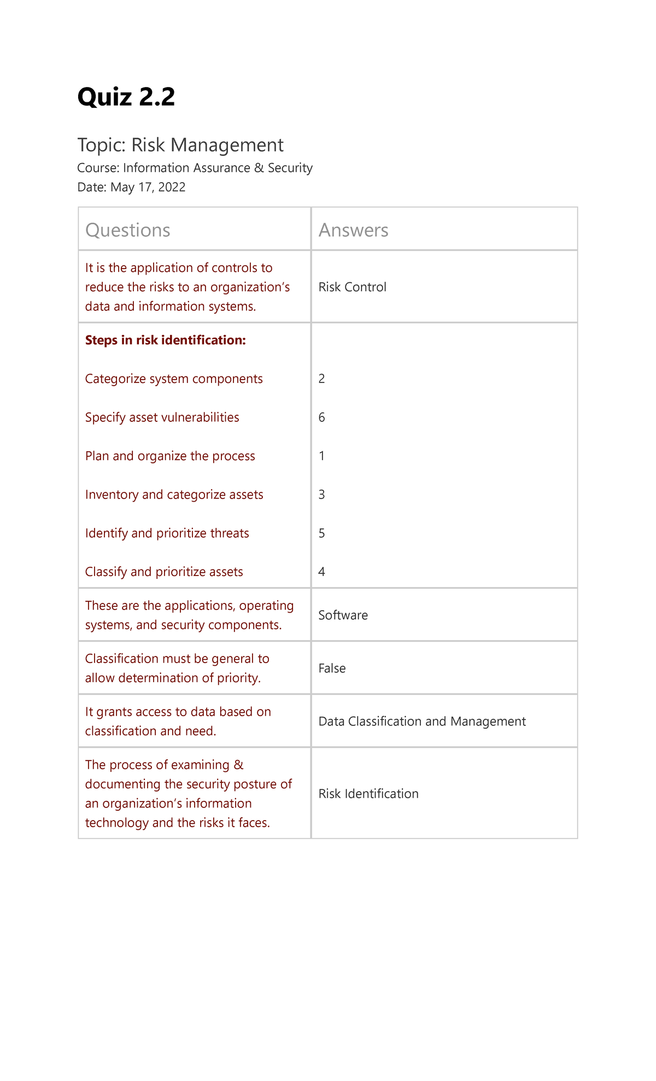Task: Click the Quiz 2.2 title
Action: click(x=126, y=97)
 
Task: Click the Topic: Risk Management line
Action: click(x=180, y=145)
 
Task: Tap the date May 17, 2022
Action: click(x=148, y=188)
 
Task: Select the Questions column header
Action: click(x=128, y=230)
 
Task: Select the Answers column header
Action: click(x=354, y=230)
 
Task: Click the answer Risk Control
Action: click(x=353, y=287)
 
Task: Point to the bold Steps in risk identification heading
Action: click(x=166, y=340)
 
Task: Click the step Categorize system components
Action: click(x=174, y=379)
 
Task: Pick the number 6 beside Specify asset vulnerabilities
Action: click(x=322, y=417)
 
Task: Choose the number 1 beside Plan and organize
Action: click(x=322, y=456)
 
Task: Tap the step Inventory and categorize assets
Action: click(x=174, y=495)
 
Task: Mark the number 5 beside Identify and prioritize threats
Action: click(x=322, y=533)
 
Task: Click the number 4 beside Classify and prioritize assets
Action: click(x=322, y=572)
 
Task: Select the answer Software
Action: click(x=343, y=615)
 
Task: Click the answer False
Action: click(x=332, y=669)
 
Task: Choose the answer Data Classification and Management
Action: click(x=422, y=722)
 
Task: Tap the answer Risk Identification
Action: click(x=368, y=794)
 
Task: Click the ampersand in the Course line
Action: click(x=259, y=168)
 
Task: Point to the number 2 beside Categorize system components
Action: click(x=322, y=379)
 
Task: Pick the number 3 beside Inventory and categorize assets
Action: click(x=322, y=495)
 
